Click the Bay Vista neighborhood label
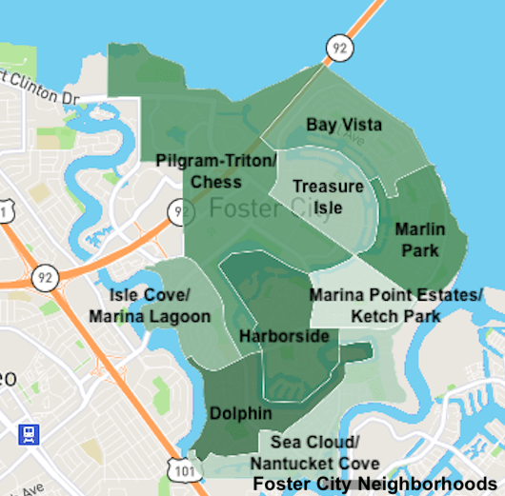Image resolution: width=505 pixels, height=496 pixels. (344, 125)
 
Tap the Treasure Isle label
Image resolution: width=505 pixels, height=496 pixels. (328, 195)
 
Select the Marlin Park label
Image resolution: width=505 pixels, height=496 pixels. (420, 240)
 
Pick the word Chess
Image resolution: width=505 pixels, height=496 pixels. (215, 181)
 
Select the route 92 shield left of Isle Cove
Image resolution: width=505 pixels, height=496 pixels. (43, 277)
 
